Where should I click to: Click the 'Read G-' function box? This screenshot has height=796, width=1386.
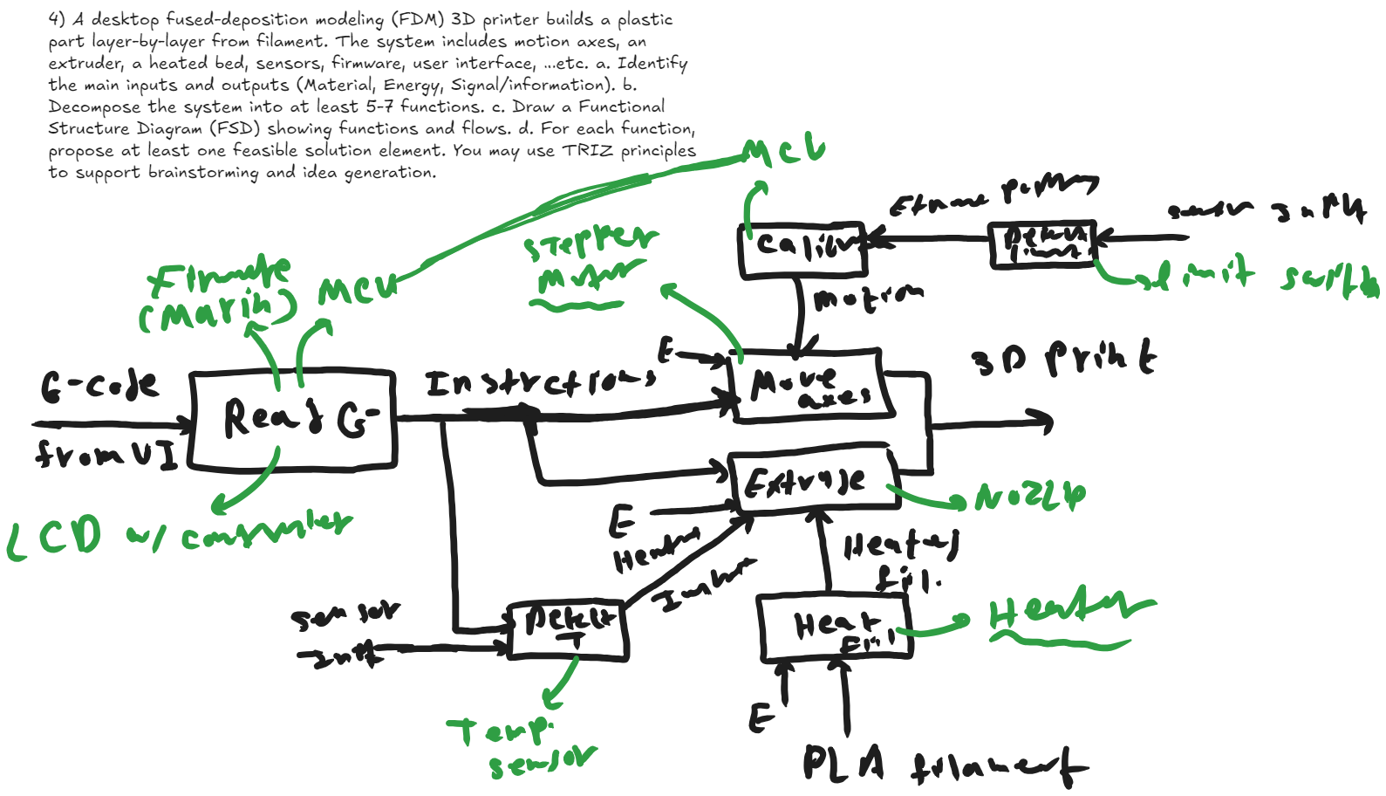(293, 421)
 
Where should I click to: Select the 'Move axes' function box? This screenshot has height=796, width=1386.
(811, 387)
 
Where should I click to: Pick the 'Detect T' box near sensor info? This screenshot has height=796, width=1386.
(568, 628)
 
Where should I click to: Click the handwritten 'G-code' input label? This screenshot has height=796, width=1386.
(99, 385)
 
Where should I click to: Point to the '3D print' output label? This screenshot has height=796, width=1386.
(1063, 357)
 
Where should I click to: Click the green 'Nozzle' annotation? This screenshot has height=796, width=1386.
(1030, 497)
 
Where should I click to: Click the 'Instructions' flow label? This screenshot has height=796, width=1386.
(540, 383)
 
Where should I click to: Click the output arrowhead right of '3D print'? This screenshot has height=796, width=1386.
(1043, 422)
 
